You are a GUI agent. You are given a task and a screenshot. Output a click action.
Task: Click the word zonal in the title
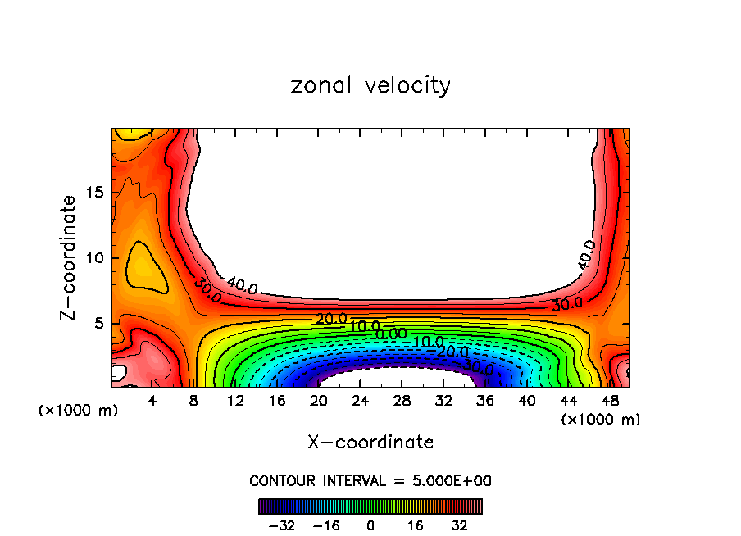click(319, 85)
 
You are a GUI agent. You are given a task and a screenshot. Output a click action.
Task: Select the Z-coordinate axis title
click(70, 257)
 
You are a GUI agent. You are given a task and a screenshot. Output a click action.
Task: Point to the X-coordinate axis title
click(370, 443)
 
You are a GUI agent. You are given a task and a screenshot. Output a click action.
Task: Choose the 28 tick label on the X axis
click(401, 402)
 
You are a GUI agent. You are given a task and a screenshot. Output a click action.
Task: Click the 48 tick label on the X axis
click(609, 402)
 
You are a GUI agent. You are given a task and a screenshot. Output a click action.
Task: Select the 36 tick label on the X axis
click(484, 402)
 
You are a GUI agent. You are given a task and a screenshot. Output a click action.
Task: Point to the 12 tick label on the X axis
click(235, 402)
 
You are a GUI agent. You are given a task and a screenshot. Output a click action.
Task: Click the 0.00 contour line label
click(391, 334)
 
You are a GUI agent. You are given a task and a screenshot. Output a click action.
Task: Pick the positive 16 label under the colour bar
click(416, 525)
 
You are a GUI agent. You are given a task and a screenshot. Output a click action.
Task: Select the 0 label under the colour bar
click(370, 525)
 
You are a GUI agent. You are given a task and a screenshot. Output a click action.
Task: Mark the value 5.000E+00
click(454, 481)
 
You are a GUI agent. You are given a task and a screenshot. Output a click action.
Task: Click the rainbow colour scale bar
click(370, 506)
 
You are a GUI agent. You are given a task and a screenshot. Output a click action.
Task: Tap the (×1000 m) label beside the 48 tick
click(600, 420)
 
